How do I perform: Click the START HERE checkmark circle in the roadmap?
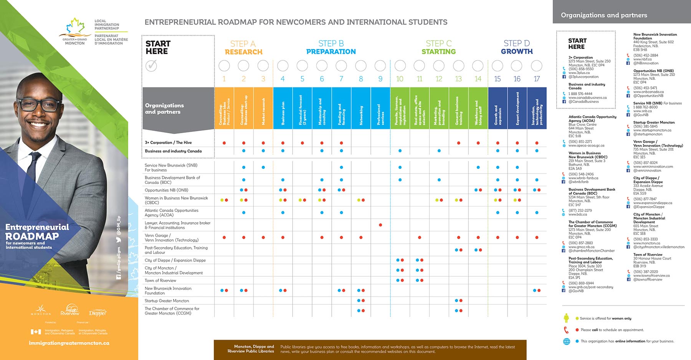pos(151,66)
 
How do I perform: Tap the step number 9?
pos(380,79)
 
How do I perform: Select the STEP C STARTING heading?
pos(438,48)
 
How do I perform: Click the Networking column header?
pos(361,108)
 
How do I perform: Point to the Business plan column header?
pos(283,108)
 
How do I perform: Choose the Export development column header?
pos(517,108)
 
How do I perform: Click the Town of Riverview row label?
pos(160,281)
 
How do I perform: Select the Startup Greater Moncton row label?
pos(167,301)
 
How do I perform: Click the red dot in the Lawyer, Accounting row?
pos(380,225)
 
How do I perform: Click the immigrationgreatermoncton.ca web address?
pos(69,343)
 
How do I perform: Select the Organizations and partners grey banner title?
pos(604,15)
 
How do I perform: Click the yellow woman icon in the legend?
pos(566,318)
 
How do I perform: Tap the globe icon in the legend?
pos(567,341)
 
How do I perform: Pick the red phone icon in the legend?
pos(566,330)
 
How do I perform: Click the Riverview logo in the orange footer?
pos(70,310)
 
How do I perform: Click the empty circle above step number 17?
pos(537,66)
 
